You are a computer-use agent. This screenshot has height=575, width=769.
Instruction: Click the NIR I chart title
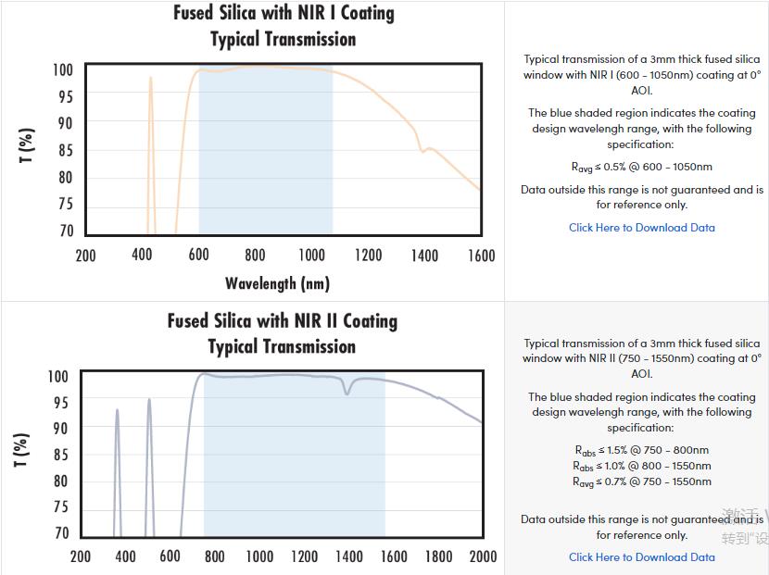pos(284,26)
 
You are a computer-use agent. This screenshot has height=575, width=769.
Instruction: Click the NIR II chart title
pos(283,333)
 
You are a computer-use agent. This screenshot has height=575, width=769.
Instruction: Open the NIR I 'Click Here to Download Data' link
pos(641,228)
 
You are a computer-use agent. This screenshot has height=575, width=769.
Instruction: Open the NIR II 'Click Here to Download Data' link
pos(641,557)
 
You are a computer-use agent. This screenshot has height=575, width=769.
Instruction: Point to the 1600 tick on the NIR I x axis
pos(481,256)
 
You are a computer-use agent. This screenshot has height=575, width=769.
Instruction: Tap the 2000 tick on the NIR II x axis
pos(483,556)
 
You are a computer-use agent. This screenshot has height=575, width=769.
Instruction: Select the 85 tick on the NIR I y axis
pos(64,150)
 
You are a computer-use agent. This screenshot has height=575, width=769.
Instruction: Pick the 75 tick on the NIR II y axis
pos(60,507)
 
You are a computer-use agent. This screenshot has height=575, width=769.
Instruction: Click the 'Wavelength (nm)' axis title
pos(277,283)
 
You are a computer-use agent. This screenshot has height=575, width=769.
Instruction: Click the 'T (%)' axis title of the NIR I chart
pos(27,145)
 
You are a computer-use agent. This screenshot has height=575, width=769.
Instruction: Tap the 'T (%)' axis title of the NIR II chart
pos(23,450)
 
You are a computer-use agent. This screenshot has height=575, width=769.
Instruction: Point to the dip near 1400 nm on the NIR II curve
pos(347,391)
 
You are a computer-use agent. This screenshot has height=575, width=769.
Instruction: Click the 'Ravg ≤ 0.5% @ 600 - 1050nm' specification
pos(641,168)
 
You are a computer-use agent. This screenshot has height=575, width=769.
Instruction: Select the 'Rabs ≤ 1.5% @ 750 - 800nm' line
pos(641,451)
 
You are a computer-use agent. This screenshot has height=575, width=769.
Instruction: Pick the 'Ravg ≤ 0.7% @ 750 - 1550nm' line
pos(641,481)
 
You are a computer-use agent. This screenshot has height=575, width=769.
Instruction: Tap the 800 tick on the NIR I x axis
pos(255,256)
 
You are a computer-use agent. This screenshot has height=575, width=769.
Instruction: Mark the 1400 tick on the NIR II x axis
pos(348,556)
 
